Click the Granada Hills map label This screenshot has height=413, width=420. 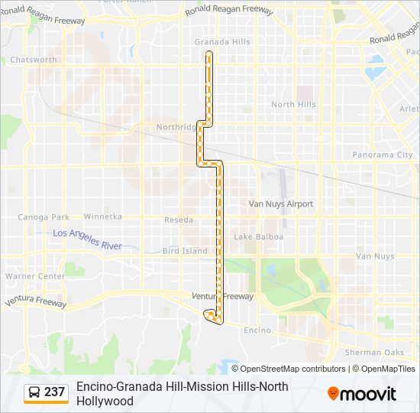(x=222, y=42)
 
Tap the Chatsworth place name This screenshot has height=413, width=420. (x=33, y=60)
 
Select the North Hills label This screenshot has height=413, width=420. (x=293, y=105)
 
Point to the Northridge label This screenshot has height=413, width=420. (x=176, y=127)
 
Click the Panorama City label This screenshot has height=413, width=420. (x=382, y=154)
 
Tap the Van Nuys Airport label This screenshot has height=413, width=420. (x=281, y=204)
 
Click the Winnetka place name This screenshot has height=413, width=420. (x=102, y=217)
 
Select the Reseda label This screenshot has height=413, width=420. (x=178, y=220)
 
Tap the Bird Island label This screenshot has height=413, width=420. (x=185, y=251)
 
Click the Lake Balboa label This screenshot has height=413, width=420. (x=258, y=237)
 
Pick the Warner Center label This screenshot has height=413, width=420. (x=35, y=276)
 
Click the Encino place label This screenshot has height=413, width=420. (x=257, y=330)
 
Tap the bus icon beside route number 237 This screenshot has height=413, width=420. (x=34, y=392)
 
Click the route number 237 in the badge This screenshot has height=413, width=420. (x=54, y=392)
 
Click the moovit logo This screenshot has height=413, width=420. (x=362, y=394)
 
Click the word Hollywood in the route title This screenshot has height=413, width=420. (x=105, y=401)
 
